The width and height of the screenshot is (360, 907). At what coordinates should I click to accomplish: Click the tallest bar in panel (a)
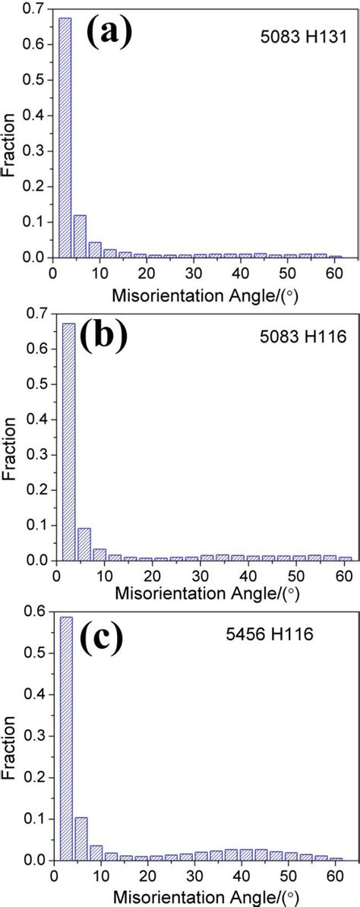pyautogui.click(x=65, y=137)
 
